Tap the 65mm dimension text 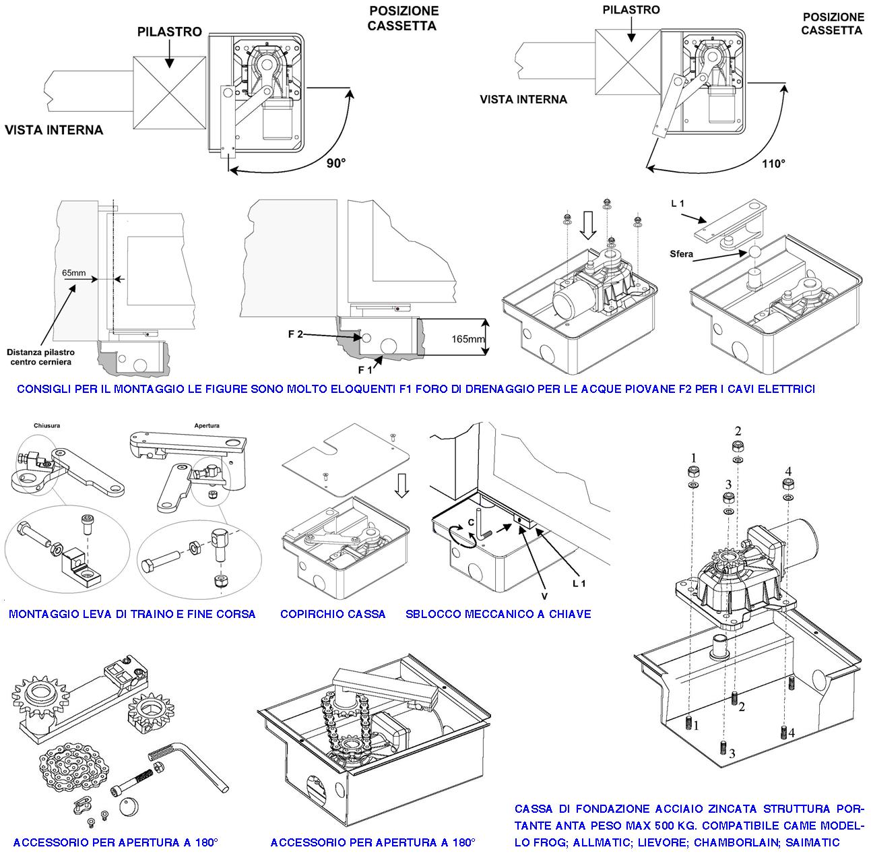pyautogui.click(x=73, y=274)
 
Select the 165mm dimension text pyautogui.click(x=467, y=339)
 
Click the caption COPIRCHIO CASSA pyautogui.click(x=333, y=614)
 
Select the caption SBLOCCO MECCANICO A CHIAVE pyautogui.click(x=498, y=614)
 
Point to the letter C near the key pyautogui.click(x=471, y=522)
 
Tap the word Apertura pyautogui.click(x=207, y=426)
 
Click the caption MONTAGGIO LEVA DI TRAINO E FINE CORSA pyautogui.click(x=132, y=614)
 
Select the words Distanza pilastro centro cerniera pyautogui.click(x=41, y=357)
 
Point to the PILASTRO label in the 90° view pyautogui.click(x=169, y=32)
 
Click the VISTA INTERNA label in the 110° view pyautogui.click(x=523, y=99)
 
